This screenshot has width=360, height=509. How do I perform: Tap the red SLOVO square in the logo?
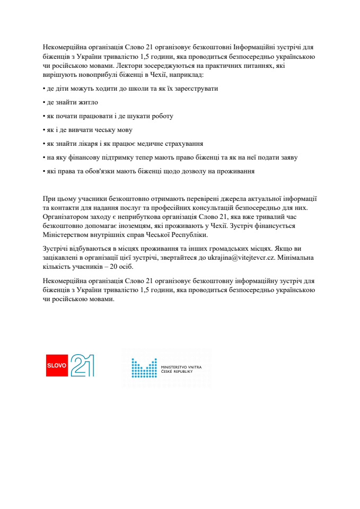point(57,366)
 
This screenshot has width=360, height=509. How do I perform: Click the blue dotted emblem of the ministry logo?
point(144,368)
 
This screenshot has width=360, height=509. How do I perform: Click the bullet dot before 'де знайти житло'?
point(43,102)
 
